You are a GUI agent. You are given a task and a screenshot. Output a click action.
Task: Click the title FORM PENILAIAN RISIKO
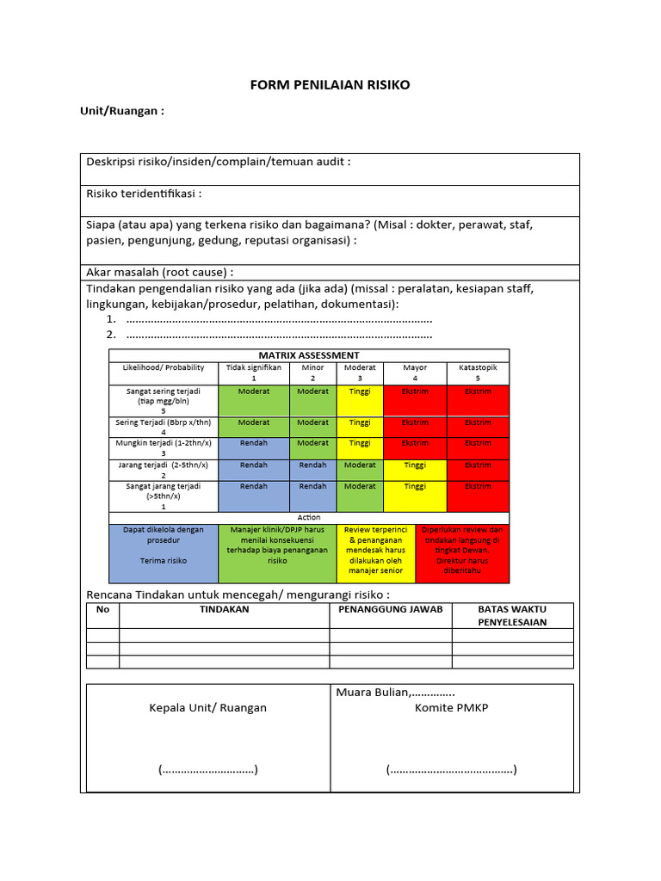click(x=330, y=85)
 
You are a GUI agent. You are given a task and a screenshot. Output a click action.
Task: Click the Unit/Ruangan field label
click(x=122, y=111)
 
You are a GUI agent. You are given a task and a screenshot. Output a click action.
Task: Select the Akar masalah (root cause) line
click(x=160, y=272)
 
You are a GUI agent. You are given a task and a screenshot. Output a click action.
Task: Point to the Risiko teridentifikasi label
click(x=144, y=194)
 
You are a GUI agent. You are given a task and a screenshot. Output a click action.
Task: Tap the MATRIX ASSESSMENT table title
click(x=309, y=355)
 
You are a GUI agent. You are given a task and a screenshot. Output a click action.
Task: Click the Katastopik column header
click(x=478, y=373)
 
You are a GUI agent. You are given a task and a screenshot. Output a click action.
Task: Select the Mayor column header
click(x=415, y=373)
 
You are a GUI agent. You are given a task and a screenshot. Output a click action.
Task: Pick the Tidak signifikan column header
click(x=253, y=373)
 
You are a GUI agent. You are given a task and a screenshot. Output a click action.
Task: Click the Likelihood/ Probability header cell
click(x=164, y=367)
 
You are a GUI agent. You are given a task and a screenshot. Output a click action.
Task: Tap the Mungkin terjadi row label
click(x=164, y=447)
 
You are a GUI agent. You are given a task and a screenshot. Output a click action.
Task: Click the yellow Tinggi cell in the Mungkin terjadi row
click(x=360, y=443)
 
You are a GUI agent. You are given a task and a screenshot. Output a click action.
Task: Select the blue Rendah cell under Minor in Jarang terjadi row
click(x=312, y=465)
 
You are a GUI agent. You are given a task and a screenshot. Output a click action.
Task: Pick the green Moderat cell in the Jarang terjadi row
click(x=360, y=465)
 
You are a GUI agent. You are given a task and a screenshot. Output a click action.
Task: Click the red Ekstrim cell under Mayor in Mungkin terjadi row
click(x=415, y=443)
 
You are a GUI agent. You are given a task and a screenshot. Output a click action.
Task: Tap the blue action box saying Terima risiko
click(x=164, y=552)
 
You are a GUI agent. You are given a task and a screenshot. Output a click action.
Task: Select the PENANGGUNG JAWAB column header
click(x=391, y=609)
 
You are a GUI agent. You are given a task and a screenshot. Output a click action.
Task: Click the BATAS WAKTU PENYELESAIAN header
click(x=512, y=615)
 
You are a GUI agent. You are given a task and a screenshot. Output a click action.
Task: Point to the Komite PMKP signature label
click(x=451, y=708)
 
